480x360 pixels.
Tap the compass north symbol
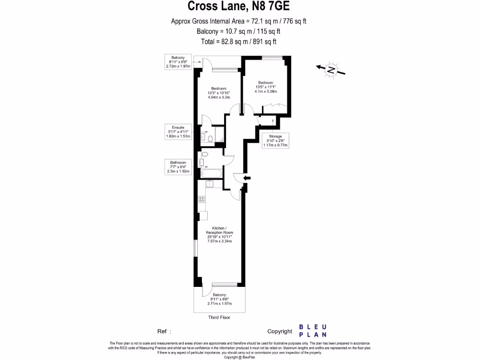(331, 70)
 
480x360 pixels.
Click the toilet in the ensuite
(210, 138)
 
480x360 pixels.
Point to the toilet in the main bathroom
(204, 155)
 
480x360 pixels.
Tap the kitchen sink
(210, 184)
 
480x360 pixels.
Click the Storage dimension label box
(276, 141)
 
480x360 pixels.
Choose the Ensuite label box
(178, 132)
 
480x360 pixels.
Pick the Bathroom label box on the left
(178, 167)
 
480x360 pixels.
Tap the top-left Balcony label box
(178, 62)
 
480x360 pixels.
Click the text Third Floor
(219, 317)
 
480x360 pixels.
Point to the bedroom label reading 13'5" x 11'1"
(265, 87)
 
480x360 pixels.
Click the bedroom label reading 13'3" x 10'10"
(218, 93)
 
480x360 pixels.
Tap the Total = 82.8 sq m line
(239, 41)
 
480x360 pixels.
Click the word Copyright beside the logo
(280, 331)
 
